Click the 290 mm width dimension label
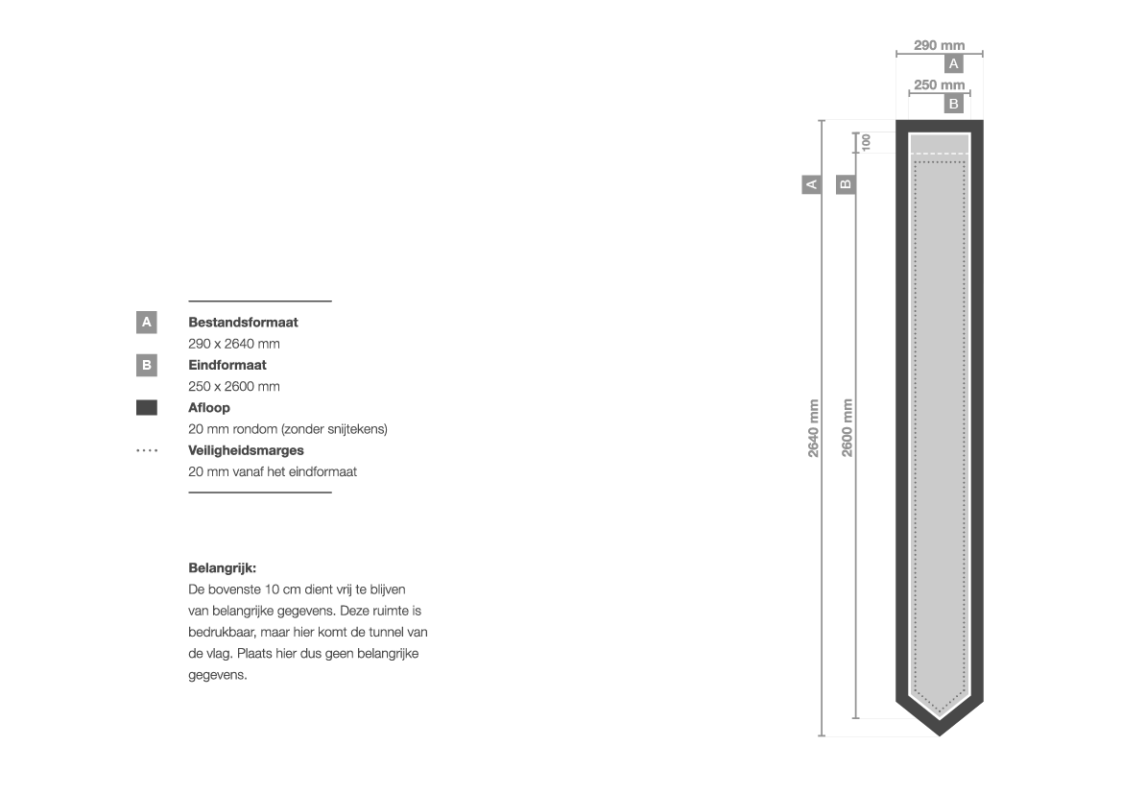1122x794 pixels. coord(939,45)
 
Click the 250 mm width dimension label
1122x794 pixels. coord(939,84)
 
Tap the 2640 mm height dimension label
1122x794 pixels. coord(814,428)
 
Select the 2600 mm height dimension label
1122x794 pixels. coord(847,428)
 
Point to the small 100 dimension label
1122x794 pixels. coord(866,142)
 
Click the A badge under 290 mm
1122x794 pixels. coord(953,63)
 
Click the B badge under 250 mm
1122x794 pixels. coord(953,104)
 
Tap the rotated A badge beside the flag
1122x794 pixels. coord(811,184)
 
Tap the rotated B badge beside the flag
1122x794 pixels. coord(846,184)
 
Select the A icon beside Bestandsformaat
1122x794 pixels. coord(147,323)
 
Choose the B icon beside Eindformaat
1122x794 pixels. coord(147,365)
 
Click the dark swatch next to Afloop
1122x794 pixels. coord(147,407)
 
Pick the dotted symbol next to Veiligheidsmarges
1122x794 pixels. coord(147,450)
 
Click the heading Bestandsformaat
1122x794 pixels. coord(243,323)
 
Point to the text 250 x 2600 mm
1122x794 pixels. coord(234,387)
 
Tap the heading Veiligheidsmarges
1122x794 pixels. coord(246,450)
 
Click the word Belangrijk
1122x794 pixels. coord(222,568)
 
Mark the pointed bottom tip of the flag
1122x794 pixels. coord(940,735)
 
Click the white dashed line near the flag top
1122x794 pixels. coord(940,154)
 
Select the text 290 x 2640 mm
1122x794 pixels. coord(234,344)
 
